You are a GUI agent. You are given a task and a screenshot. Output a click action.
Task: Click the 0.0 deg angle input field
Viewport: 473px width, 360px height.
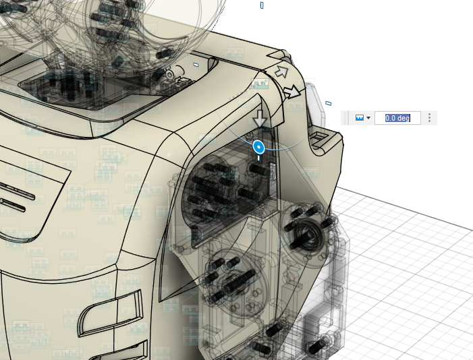point(397,117)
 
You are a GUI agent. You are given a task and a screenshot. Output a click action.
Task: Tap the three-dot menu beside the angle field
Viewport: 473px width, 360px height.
point(429,117)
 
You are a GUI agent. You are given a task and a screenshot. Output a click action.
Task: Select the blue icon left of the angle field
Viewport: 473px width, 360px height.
point(359,117)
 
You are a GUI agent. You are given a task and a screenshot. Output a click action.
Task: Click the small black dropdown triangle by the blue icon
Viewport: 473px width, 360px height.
point(368,118)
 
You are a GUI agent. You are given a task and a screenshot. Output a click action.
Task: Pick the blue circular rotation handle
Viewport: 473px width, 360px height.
point(259,147)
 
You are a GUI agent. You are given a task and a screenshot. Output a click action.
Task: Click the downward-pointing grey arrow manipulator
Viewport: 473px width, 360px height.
point(260,119)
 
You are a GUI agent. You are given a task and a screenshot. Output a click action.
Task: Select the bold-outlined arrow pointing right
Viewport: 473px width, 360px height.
point(291,92)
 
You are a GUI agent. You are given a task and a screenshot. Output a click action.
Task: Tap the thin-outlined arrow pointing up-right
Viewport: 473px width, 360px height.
point(282,72)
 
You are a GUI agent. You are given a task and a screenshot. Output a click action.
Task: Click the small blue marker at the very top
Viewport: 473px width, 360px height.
point(262,5)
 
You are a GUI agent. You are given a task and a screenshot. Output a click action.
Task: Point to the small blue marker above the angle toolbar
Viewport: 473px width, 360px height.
point(329,103)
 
